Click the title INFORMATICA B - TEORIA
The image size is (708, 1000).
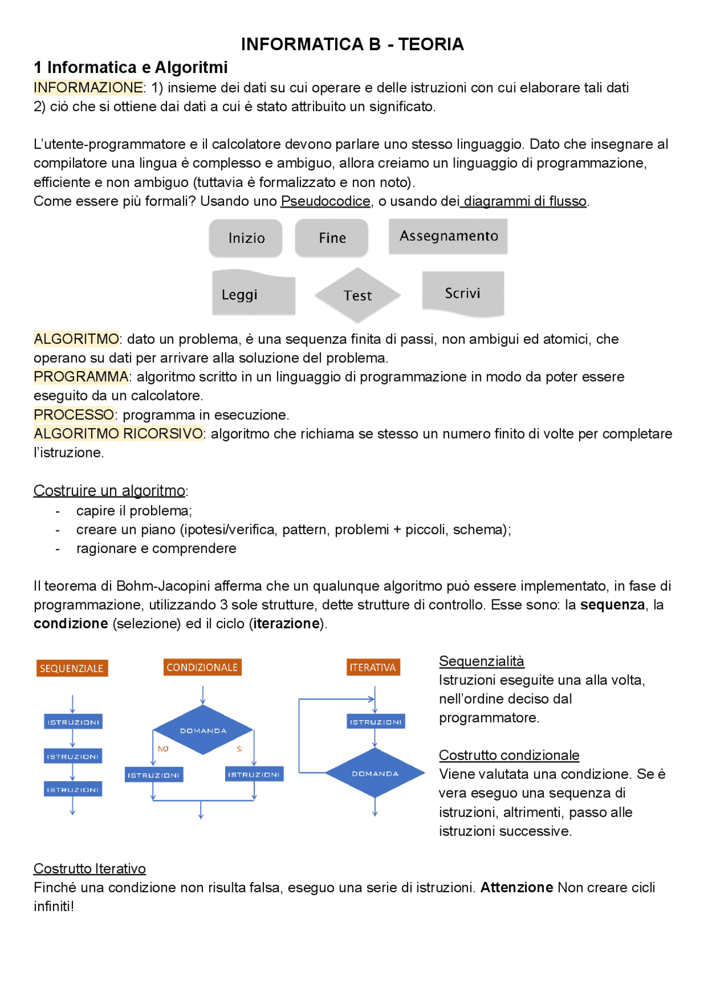352,44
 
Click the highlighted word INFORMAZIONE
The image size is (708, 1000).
88,87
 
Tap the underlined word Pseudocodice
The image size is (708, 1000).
325,201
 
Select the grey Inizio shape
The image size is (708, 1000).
246,238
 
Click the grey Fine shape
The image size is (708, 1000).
332,238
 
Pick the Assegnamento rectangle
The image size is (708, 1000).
448,236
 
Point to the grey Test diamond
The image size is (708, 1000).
357,295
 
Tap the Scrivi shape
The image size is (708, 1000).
463,293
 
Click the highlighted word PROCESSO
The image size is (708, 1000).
74,415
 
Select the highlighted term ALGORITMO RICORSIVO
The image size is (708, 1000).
118,434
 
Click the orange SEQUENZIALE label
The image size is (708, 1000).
72,668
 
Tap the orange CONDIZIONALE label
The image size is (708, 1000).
202,667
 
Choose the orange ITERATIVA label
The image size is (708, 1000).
373,667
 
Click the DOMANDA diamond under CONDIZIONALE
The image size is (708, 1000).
203,730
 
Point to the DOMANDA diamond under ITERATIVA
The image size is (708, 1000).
375,773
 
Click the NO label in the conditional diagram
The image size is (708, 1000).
163,749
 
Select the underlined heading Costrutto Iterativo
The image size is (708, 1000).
90,868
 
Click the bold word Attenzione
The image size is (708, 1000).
517,887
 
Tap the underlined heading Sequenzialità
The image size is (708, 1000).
481,661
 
